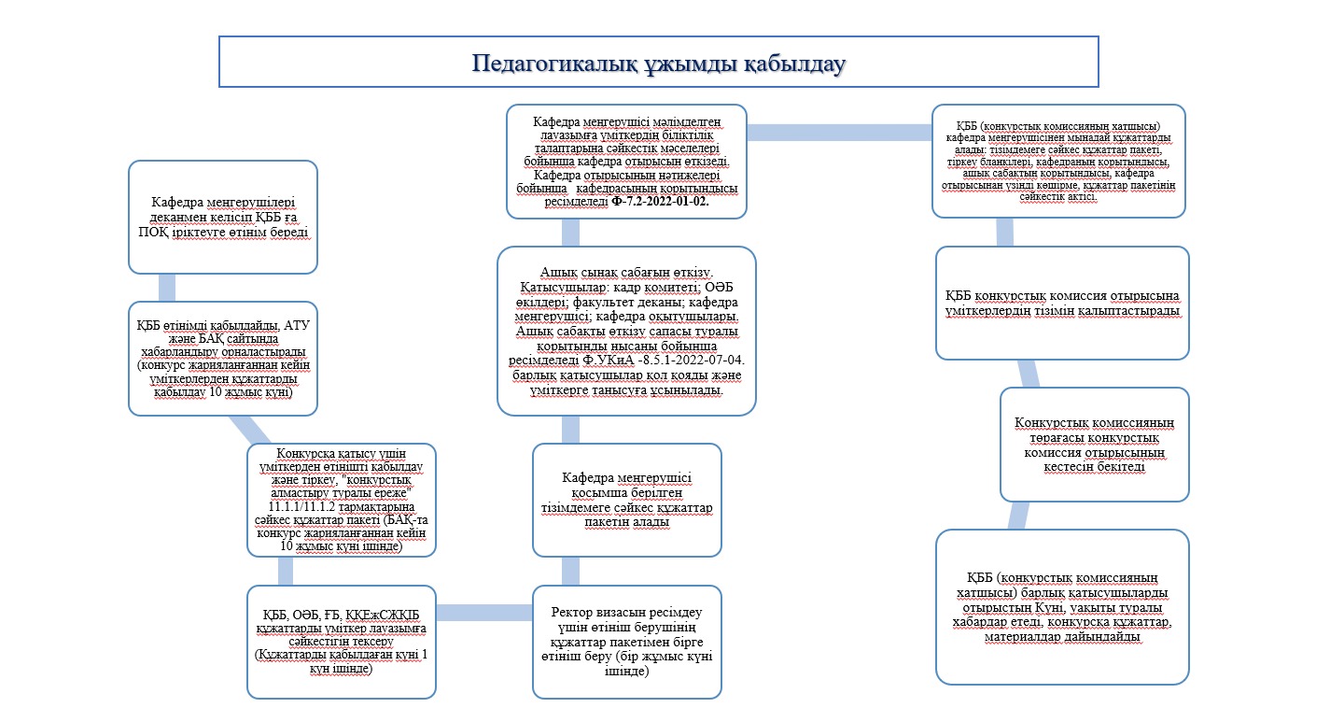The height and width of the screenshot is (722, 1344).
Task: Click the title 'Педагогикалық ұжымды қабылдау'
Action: point(658,64)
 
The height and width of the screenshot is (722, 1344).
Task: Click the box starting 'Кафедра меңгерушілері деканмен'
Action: point(222,217)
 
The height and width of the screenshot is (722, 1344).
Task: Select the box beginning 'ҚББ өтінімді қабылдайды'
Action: point(222,359)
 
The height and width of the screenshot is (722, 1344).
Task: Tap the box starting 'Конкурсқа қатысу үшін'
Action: point(342,501)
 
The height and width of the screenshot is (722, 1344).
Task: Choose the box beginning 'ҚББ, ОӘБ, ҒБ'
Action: point(342,642)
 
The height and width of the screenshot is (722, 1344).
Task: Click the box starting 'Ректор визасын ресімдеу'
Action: point(627,642)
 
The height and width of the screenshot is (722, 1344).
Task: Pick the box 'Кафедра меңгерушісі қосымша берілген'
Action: point(627,501)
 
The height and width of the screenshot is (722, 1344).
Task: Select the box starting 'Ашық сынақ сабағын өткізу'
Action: point(626,331)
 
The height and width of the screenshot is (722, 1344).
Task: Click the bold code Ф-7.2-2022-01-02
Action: point(660,202)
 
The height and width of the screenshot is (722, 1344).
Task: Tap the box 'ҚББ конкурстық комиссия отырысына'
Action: point(1062,303)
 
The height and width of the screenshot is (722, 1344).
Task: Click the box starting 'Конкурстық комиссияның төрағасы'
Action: point(1095,445)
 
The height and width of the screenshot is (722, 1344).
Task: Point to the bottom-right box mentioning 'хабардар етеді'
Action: point(1062,607)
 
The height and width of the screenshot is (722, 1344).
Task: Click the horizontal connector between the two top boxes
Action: point(839,133)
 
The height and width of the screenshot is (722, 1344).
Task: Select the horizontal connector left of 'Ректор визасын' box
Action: point(484,613)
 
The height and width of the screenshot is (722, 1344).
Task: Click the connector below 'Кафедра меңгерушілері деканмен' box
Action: point(167,288)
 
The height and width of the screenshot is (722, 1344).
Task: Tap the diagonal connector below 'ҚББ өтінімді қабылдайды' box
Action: point(249,430)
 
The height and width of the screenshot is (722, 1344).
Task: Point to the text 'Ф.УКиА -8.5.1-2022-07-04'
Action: point(663,361)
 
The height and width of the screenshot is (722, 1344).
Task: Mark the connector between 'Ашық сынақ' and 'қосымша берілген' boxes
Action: point(570,430)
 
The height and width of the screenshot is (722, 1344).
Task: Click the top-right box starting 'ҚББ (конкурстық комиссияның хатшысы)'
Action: point(1058,161)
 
